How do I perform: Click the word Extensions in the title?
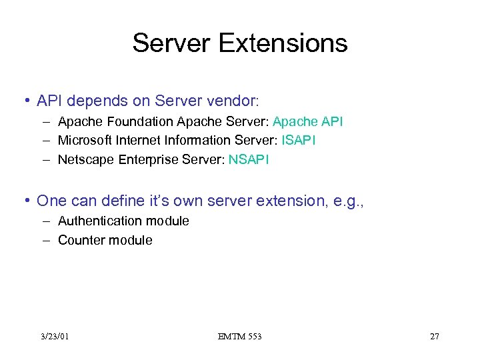pos(283,43)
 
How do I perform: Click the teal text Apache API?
pos(308,122)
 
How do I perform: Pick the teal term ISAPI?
pos(299,141)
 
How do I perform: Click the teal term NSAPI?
pos(249,160)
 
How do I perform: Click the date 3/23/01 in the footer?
pos(54,337)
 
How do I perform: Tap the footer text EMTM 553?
pos(239,337)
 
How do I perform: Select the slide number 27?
pos(434,337)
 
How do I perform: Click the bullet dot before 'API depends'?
pos(27,101)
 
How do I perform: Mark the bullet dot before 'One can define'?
pos(27,201)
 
